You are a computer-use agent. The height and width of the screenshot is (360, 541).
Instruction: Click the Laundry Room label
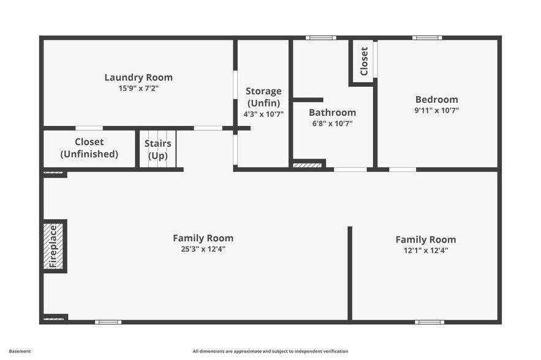click(x=138, y=78)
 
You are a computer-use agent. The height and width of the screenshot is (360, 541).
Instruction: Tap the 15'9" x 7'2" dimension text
click(x=138, y=88)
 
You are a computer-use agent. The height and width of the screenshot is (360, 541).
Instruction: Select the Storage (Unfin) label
click(x=263, y=97)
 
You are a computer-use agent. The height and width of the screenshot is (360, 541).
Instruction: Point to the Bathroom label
click(x=332, y=113)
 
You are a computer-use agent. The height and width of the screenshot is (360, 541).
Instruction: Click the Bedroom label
click(x=436, y=100)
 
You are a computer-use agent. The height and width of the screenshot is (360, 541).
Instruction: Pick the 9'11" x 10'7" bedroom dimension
click(x=436, y=111)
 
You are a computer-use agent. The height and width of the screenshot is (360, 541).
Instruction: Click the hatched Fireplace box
click(x=53, y=246)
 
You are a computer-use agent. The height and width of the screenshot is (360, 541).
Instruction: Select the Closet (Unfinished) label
click(x=89, y=148)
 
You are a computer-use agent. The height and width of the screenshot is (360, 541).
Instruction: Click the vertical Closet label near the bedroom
click(x=364, y=61)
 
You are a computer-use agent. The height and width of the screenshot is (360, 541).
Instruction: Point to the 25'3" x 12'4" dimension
click(x=203, y=249)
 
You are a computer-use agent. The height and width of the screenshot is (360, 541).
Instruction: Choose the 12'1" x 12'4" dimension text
click(x=425, y=250)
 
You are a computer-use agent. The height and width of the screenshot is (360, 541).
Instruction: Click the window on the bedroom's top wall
click(x=427, y=38)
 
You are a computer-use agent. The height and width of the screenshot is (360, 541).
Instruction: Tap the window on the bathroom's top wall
click(x=321, y=38)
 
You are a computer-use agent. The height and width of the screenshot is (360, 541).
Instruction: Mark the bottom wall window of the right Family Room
click(x=429, y=321)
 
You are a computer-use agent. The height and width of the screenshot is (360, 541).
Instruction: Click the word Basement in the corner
click(x=20, y=351)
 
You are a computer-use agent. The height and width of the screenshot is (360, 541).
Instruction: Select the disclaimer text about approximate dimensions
click(x=270, y=351)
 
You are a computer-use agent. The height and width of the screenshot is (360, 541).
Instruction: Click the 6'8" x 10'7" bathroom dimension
click(x=332, y=124)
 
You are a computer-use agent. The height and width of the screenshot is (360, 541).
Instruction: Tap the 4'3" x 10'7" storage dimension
click(x=263, y=114)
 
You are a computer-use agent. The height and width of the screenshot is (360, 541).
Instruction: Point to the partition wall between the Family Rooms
click(x=350, y=273)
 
